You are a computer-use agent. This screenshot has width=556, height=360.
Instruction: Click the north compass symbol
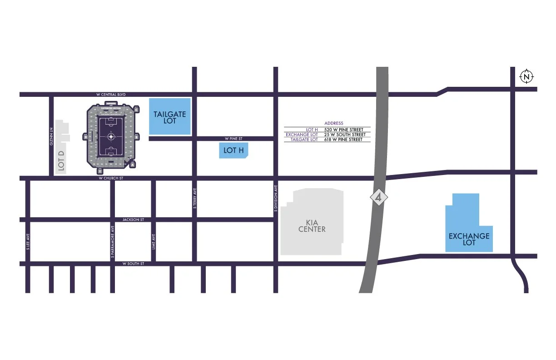[526, 77]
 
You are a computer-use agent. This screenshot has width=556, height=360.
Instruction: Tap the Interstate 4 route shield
[378, 198]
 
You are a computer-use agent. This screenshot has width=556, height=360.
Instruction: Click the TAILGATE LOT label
[169, 117]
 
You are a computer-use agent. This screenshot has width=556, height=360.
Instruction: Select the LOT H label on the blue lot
[233, 150]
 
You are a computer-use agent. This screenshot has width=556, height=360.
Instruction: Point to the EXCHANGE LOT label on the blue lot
[469, 239]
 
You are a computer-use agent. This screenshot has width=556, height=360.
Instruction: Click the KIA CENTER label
[312, 226]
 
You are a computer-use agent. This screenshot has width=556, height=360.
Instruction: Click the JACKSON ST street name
[133, 220]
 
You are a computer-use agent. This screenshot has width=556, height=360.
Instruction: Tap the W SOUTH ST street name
[133, 264]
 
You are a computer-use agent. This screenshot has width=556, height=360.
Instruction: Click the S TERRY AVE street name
[194, 198]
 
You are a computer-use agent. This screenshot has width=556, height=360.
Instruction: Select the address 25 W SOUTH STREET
[345, 135]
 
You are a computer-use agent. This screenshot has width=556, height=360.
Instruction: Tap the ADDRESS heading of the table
[334, 123]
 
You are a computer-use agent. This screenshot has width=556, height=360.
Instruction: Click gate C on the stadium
[136, 110]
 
